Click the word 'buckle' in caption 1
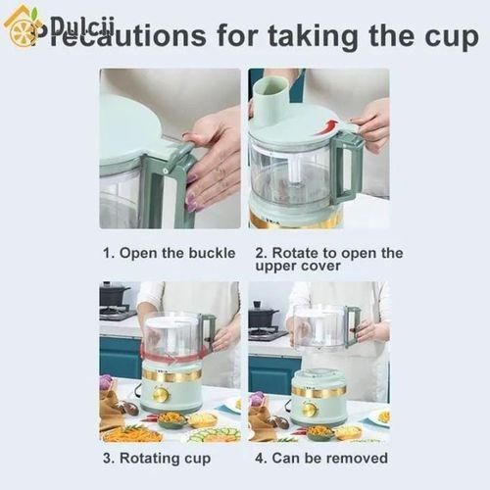[x=210, y=253]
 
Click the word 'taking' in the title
[x=311, y=37]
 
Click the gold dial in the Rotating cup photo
[x=159, y=394]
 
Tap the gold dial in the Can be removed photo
[x=309, y=408]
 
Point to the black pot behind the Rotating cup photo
[x=114, y=295]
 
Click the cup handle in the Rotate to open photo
[x=348, y=167]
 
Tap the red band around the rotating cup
[x=171, y=354]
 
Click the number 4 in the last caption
[x=260, y=458]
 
